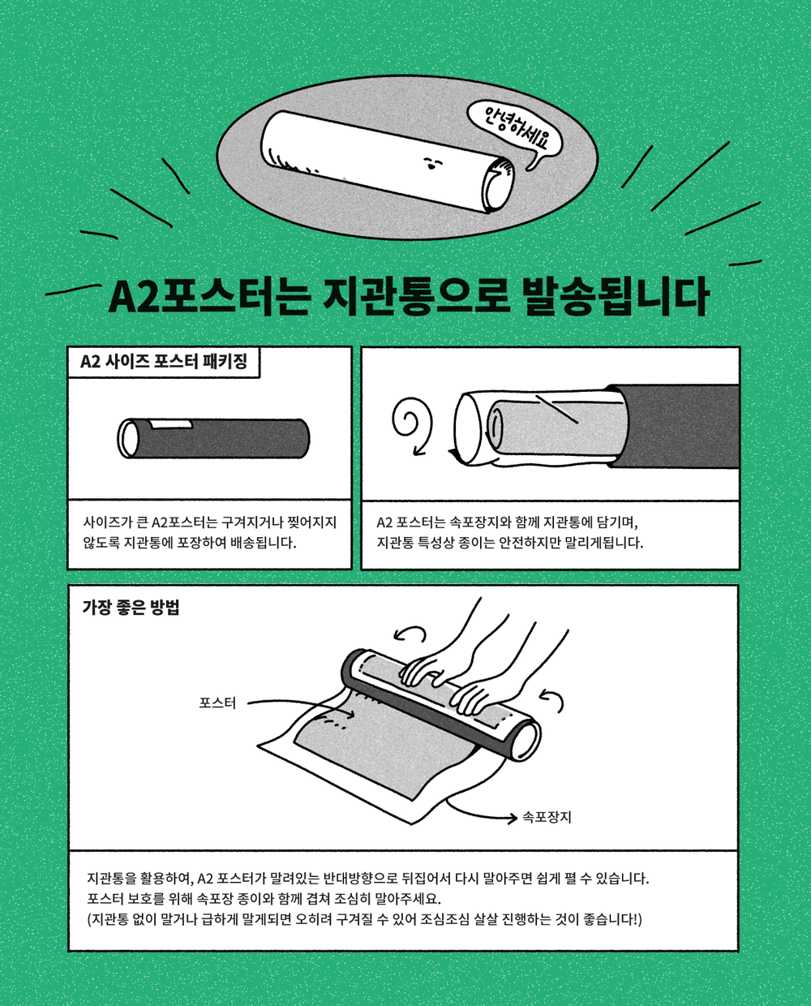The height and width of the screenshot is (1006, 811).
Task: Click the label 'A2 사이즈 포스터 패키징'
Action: pos(164,361)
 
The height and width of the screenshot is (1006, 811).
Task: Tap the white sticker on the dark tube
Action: pos(171,424)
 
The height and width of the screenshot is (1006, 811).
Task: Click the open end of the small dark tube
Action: pos(128,438)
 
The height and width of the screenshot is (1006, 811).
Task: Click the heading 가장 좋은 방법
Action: pos(131,607)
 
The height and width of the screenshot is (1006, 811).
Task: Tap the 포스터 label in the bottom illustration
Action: pos(217,703)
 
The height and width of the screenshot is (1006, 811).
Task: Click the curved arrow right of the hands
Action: pos(552,702)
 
